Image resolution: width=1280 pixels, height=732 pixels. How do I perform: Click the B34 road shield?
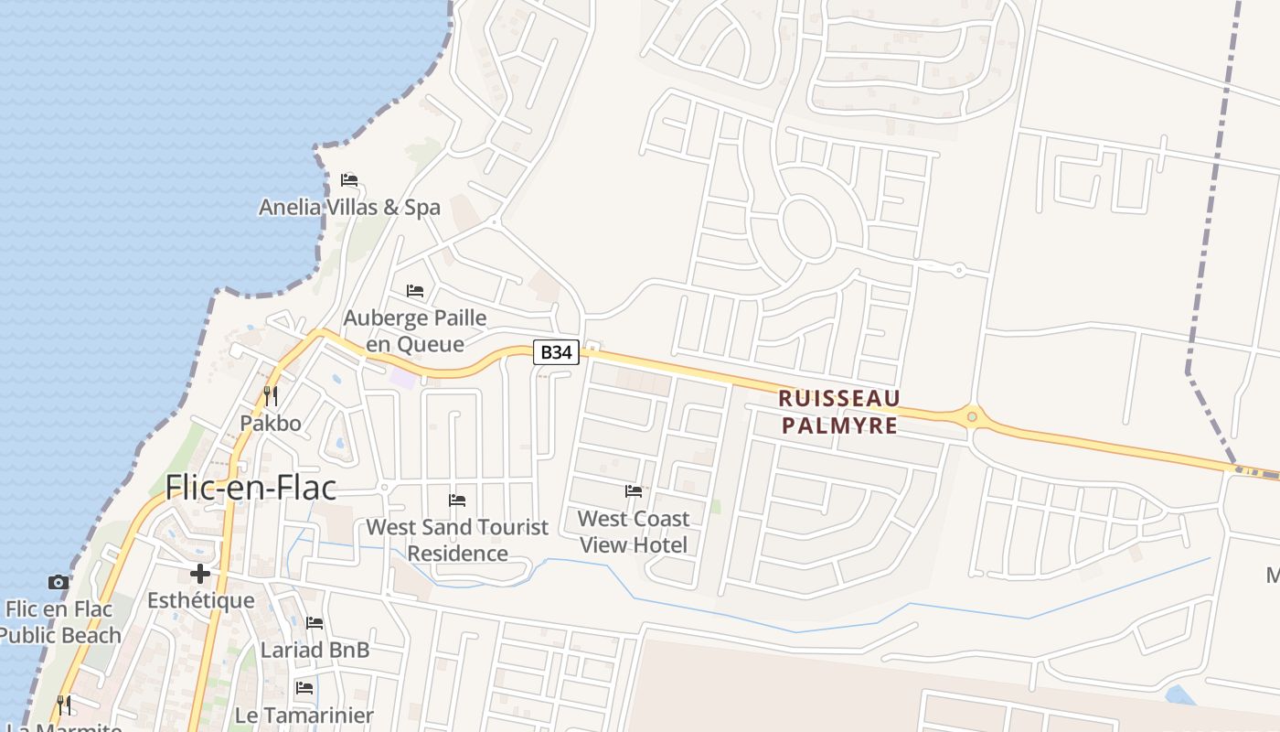pyautogui.click(x=557, y=351)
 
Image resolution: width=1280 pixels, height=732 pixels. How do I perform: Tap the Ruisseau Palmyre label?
pyautogui.click(x=839, y=412)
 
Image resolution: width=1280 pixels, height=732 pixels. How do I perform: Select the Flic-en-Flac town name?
pyautogui.click(x=251, y=488)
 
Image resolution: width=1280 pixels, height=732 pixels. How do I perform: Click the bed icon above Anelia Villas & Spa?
pyautogui.click(x=349, y=179)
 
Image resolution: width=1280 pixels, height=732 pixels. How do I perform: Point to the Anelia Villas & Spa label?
pyautogui.click(x=349, y=208)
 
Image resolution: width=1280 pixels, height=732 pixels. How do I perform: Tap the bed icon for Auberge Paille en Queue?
pyautogui.click(x=415, y=291)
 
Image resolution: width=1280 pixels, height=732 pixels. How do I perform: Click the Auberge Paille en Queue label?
pyautogui.click(x=414, y=330)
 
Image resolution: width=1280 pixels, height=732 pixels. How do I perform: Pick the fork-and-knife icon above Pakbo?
pyautogui.click(x=271, y=396)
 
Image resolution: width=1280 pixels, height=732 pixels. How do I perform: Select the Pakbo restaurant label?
pyautogui.click(x=271, y=423)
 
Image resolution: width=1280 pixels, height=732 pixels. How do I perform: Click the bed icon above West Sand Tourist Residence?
pyautogui.click(x=457, y=500)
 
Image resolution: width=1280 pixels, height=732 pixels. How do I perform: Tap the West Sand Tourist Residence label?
pyautogui.click(x=457, y=540)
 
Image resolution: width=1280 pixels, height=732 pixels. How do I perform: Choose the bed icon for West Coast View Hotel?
pyautogui.click(x=634, y=491)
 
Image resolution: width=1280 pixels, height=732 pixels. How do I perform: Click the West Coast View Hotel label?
pyautogui.click(x=634, y=532)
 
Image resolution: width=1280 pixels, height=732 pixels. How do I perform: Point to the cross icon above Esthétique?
pyautogui.click(x=200, y=574)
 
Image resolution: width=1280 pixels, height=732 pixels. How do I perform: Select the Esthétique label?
pyautogui.click(x=201, y=600)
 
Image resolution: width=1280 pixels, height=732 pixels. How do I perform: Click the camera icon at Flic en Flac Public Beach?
pyautogui.click(x=59, y=582)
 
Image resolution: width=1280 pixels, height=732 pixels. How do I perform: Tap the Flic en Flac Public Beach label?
pyautogui.click(x=59, y=622)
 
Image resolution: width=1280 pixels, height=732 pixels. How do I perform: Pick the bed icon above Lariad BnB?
pyautogui.click(x=315, y=623)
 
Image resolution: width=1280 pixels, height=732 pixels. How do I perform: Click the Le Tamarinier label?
pyautogui.click(x=304, y=716)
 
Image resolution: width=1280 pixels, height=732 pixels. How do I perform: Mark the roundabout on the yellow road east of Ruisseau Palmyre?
pyautogui.click(x=972, y=417)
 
